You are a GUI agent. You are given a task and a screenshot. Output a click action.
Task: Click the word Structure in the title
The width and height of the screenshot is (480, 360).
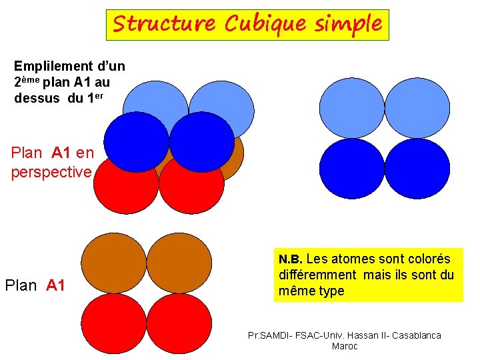163,24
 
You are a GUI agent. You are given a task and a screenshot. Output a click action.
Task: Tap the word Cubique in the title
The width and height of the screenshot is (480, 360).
257,24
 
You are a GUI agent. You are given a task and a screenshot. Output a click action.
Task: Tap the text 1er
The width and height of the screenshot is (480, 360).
95,97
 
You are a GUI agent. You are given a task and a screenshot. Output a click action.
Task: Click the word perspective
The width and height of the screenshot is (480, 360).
51,172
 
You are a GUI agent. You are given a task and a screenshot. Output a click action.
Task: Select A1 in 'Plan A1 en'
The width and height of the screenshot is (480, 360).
61,153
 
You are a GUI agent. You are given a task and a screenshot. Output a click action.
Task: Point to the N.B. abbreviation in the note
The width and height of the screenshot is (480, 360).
291,259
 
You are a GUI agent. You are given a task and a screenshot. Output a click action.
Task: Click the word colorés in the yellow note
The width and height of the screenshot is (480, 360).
427,259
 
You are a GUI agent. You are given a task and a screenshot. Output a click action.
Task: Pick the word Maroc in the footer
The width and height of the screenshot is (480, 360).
345,346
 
